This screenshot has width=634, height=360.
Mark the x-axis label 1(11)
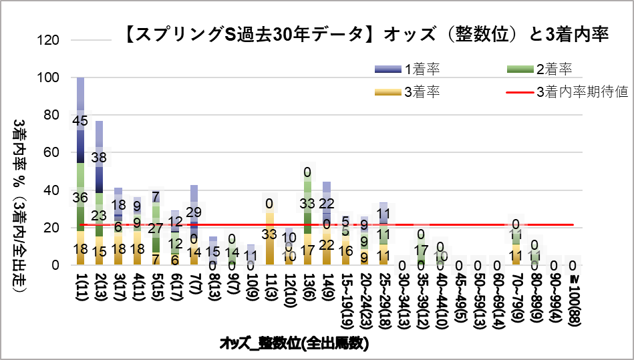81,289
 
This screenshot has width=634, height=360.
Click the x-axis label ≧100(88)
573,297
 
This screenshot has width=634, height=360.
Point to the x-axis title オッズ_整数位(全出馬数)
295,345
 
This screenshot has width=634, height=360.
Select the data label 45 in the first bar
81,122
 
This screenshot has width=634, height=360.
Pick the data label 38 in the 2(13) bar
99,158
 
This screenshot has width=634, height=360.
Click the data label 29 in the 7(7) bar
194,212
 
